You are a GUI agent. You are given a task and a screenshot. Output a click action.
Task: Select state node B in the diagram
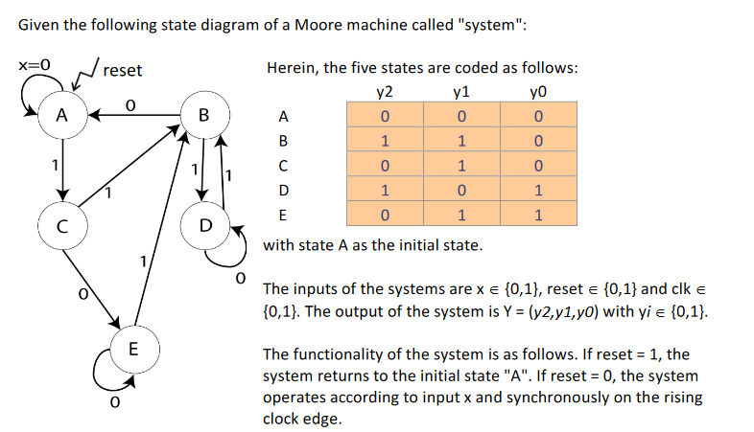tap(202, 116)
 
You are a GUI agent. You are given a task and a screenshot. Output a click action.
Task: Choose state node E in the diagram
tap(132, 346)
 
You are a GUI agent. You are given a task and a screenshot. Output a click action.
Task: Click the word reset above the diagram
tap(122, 70)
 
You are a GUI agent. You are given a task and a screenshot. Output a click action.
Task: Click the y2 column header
tap(384, 92)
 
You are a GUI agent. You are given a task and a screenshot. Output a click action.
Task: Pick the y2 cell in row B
tap(384, 141)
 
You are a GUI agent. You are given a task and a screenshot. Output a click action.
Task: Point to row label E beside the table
tap(281, 216)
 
